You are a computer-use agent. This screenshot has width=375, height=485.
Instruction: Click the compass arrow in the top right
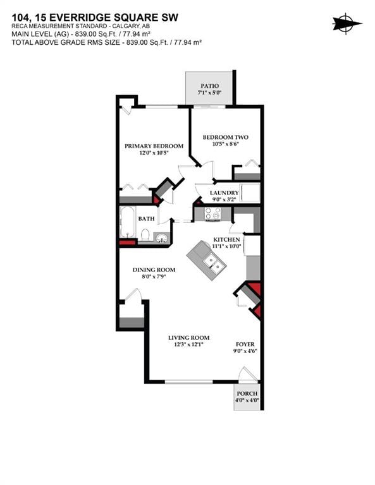347,23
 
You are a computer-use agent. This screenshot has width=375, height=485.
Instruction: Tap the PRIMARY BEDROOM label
154,146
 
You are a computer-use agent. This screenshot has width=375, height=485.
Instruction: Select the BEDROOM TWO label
225,137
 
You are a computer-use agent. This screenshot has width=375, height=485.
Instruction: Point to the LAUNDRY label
224,193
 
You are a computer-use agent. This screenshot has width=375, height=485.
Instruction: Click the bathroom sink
163,237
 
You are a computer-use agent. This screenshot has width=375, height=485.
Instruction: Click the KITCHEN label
226,240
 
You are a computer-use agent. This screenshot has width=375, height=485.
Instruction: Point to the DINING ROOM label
154,270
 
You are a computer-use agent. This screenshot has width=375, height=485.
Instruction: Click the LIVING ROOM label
188,337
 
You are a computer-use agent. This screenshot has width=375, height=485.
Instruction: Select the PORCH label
246,394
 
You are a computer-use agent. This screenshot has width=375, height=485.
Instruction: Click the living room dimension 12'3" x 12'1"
188,344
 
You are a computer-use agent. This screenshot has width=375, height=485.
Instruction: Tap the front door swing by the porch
249,375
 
